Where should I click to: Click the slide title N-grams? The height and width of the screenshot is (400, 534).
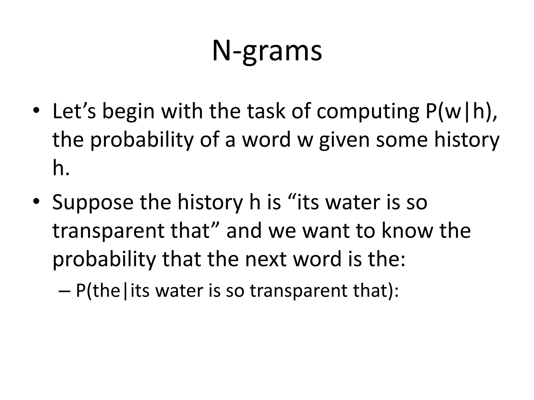point(267,51)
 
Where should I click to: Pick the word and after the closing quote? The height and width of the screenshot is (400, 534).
point(244,231)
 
